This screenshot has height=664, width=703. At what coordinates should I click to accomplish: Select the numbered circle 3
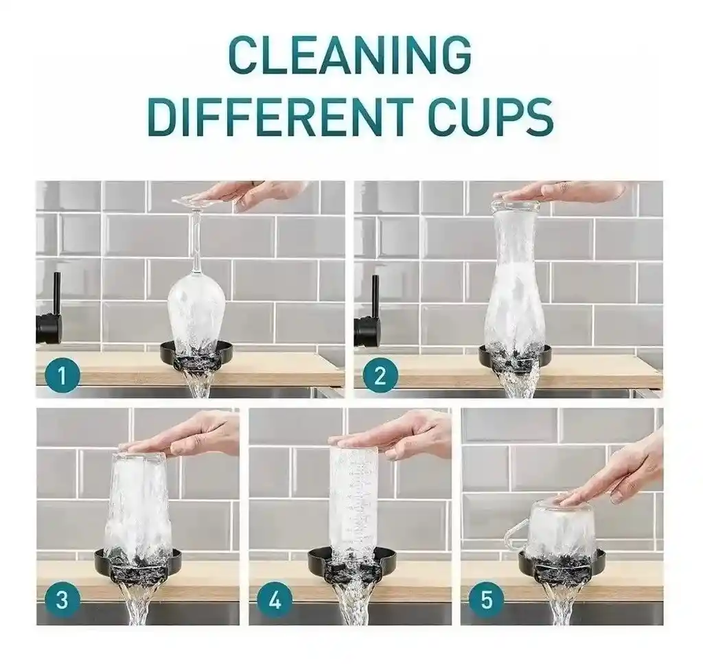pos(62,599)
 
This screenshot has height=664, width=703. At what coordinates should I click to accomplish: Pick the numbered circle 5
pos(487,599)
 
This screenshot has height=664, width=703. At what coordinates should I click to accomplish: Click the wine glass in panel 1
pos(196,309)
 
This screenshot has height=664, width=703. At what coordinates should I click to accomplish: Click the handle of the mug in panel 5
pos(514,536)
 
